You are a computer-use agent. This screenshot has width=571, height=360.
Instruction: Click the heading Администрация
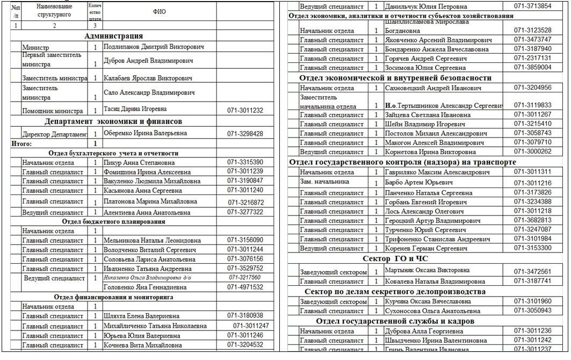click(x=113, y=35)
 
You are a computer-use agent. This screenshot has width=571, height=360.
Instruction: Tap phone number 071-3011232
click(x=245, y=110)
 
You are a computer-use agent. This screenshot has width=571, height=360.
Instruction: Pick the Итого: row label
click(x=21, y=143)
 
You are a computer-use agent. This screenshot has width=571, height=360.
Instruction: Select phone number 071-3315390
click(x=245, y=162)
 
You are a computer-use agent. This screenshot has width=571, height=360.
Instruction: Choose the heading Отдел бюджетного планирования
click(x=113, y=221)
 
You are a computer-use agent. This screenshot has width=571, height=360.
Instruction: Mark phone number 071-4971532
click(x=245, y=287)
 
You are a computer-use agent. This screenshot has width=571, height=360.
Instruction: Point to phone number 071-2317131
click(x=532, y=58)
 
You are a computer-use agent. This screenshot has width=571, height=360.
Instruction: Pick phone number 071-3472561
click(x=532, y=271)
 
